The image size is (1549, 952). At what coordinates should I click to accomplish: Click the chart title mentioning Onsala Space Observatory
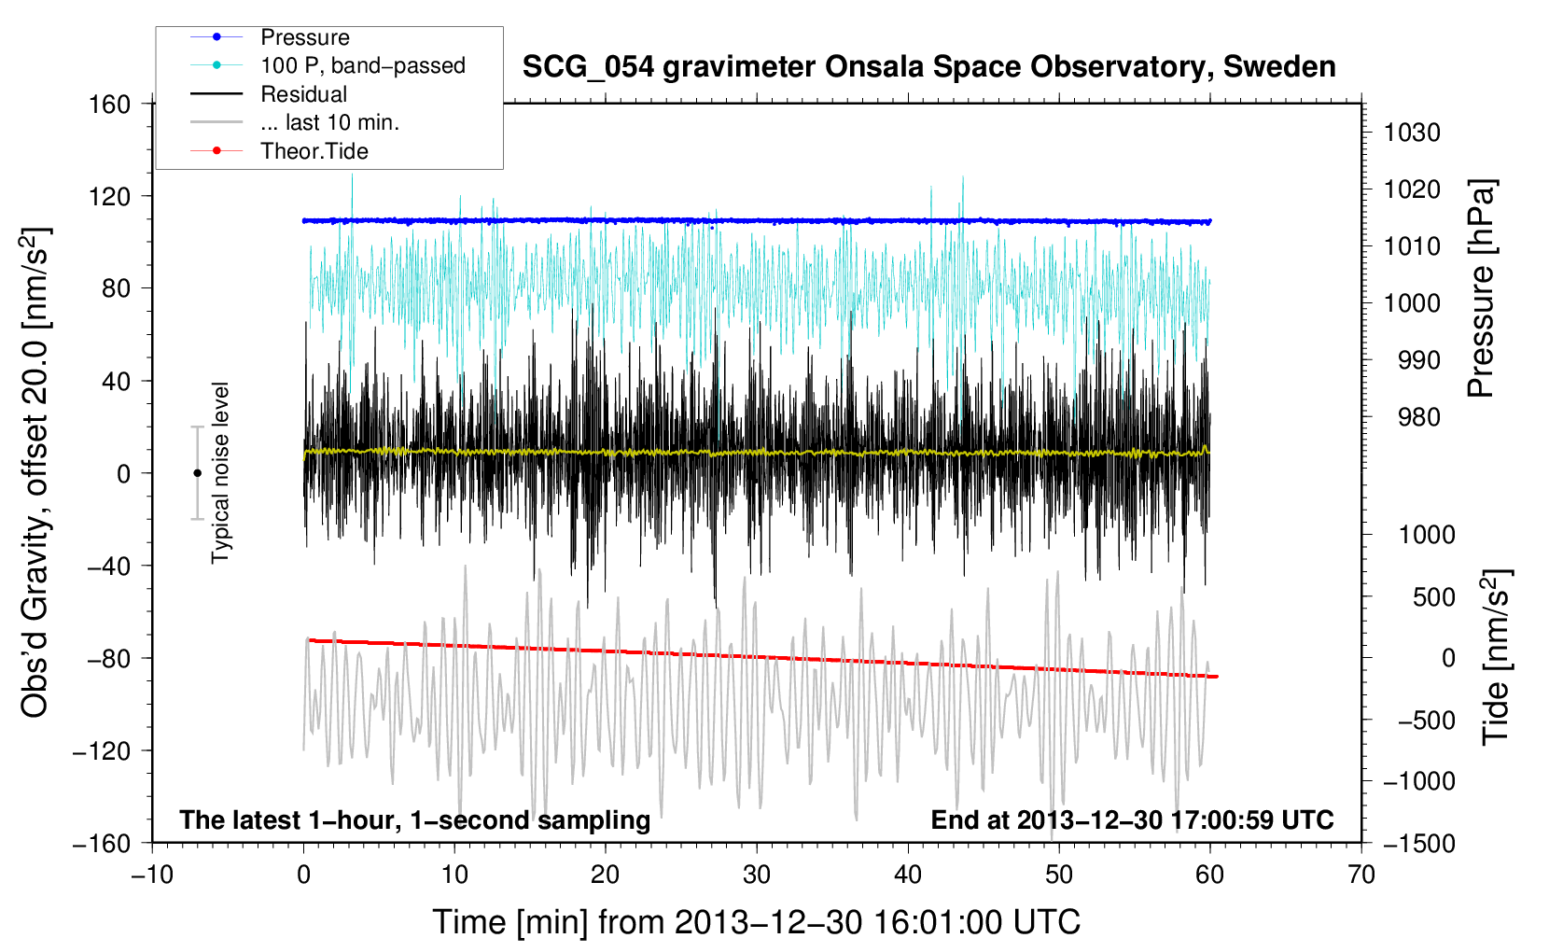pos(928,67)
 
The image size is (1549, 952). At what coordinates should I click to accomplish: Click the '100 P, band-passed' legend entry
pos(328,65)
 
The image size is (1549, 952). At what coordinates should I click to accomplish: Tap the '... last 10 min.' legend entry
pos(295,122)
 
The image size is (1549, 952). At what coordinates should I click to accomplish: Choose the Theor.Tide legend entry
pos(279,151)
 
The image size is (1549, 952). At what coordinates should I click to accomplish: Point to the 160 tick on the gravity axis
pos(110,105)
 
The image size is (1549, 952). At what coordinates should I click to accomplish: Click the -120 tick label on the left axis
pos(102,750)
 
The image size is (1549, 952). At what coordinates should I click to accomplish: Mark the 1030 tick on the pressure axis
pos(1412,133)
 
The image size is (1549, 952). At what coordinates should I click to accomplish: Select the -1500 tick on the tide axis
pos(1419,844)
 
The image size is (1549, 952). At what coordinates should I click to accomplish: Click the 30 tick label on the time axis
pos(757,875)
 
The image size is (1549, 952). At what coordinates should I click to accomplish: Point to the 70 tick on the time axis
pos(1361,875)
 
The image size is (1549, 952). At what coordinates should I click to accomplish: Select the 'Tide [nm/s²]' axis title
pos(1497,657)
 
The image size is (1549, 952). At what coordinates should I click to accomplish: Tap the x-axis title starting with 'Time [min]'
pos(756,922)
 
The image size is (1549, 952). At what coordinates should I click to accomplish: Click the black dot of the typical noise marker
pos(197,473)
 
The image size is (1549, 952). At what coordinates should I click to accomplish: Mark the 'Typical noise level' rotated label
pos(220,473)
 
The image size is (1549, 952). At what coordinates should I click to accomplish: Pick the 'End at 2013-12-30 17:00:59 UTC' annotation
pos(1132,819)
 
